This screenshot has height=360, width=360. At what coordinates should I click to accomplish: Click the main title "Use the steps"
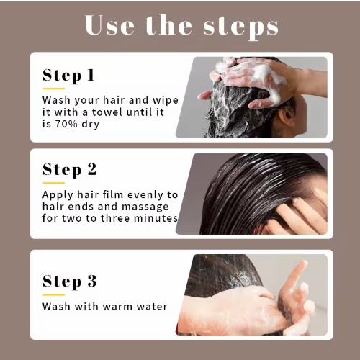[181, 26]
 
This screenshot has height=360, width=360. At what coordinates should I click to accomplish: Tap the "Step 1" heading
[68, 76]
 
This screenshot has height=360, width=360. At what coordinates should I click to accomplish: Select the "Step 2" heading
[70, 170]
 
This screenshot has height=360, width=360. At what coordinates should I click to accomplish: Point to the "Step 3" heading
[70, 282]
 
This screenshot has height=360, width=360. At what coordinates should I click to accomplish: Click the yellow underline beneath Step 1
[54, 89]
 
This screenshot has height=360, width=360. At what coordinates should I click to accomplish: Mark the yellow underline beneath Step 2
[54, 183]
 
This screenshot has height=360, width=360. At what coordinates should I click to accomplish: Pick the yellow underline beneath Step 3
[54, 294]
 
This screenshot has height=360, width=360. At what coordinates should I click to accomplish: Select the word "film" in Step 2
[113, 194]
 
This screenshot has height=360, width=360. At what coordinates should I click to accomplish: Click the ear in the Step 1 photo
[288, 116]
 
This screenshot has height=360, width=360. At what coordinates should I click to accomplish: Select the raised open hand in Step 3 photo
[297, 297]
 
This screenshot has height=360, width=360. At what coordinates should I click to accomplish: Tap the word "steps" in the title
[241, 27]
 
